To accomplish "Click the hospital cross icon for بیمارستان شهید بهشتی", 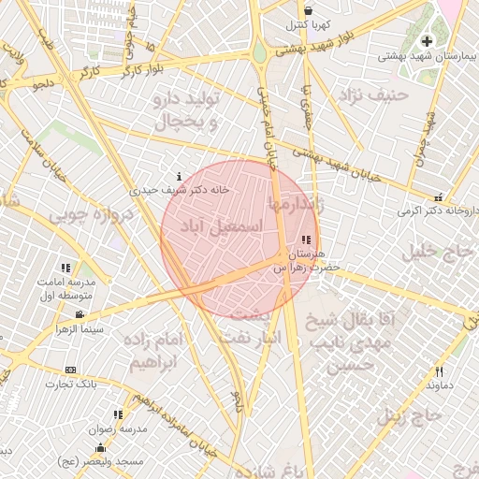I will (428, 41).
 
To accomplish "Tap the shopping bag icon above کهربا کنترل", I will (308, 10).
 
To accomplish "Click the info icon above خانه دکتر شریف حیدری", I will (180, 176).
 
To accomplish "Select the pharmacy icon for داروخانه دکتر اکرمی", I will (438, 196).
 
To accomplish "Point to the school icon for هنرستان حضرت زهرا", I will (308, 240).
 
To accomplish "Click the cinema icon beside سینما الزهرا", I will (80, 314).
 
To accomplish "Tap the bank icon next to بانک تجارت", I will (71, 370).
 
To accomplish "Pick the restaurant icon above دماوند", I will (439, 371).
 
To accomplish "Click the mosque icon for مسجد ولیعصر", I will (100, 447).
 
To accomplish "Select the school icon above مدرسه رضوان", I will (118, 414).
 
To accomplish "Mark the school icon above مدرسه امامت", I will (65, 268).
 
